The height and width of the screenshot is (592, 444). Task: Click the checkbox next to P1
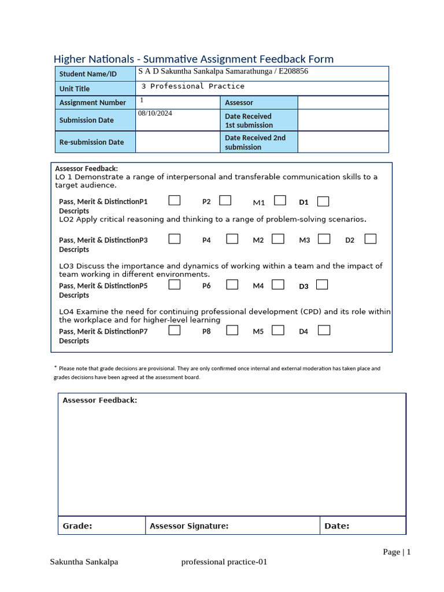175,201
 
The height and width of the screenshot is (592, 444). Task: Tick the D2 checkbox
371,239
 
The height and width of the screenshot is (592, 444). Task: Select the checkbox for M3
324,239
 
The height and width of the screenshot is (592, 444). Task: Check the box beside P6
232,284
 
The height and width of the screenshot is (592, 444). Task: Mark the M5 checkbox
278,330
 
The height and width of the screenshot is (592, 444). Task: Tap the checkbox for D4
324,330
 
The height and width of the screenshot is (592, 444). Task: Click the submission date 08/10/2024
155,113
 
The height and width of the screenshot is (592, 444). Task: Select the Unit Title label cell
75,88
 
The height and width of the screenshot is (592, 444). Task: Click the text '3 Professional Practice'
193,86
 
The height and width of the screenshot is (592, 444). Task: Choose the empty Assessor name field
343,102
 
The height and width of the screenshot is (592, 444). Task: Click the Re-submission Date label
91,142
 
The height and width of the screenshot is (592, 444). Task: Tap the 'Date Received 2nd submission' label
255,142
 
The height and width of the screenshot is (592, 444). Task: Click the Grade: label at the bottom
77,526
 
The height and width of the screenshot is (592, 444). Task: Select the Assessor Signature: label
189,526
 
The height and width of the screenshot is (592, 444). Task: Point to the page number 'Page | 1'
397,552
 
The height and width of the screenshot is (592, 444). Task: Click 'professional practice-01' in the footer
224,562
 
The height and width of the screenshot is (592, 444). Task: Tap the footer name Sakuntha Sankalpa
84,562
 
